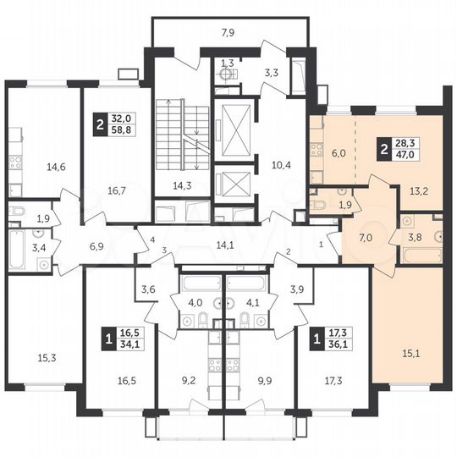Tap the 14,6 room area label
57,167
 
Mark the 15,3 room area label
35,358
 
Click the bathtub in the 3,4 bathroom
15,251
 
